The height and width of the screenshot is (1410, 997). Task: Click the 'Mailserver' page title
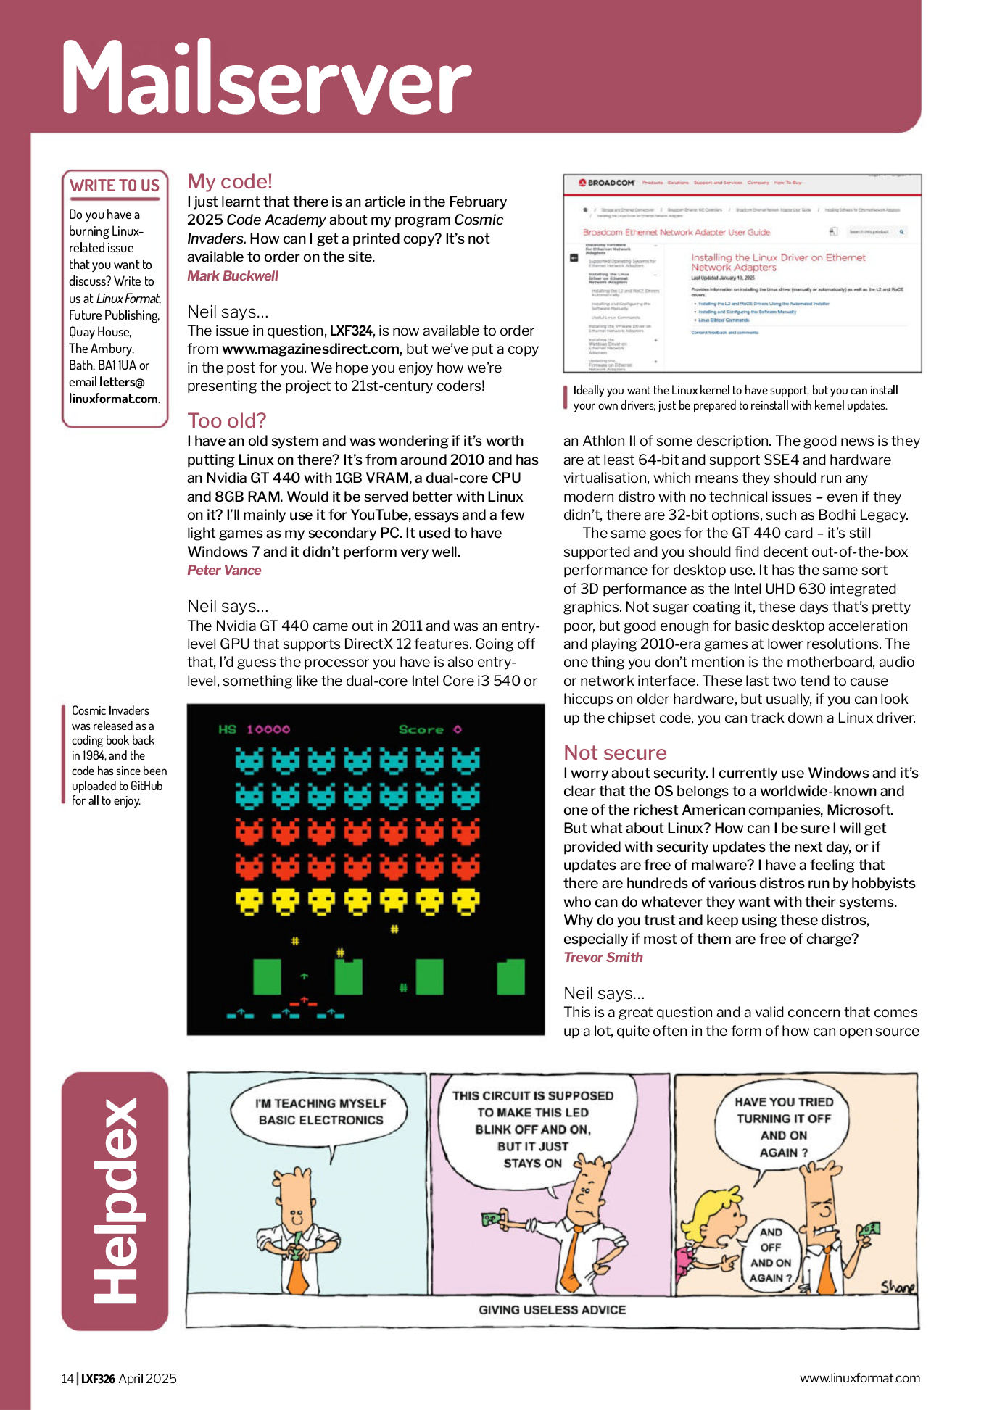[x=265, y=78]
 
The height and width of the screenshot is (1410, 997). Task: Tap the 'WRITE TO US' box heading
[x=115, y=186]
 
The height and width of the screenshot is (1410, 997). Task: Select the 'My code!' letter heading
[x=229, y=181]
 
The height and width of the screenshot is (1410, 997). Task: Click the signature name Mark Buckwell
[x=232, y=275]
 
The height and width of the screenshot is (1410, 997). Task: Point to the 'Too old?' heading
[x=226, y=420]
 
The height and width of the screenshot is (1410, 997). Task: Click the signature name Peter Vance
[x=223, y=570]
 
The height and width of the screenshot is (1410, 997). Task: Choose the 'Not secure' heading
[x=615, y=752]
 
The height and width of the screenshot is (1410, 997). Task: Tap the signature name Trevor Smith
[x=603, y=957]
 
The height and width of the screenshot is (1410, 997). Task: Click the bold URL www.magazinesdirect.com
[x=312, y=349]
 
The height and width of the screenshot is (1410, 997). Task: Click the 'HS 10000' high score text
[x=254, y=729]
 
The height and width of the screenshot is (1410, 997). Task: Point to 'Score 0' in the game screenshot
[x=429, y=729]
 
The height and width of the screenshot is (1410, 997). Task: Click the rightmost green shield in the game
[x=510, y=976]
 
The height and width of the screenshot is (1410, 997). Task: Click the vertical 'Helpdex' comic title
[x=115, y=1200]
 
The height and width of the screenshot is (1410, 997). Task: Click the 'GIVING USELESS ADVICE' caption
[x=552, y=1310]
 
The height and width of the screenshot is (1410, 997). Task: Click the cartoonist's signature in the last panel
[x=897, y=1287]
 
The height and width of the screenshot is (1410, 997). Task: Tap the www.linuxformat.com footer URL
[x=859, y=1378]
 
